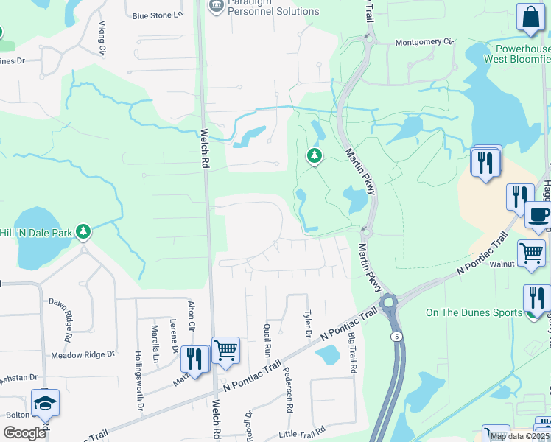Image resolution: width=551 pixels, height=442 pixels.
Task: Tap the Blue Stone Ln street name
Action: pos(157,15)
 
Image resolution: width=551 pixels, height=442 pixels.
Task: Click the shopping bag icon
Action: pos(530,18)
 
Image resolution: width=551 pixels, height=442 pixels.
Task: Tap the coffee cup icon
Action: pos(538,216)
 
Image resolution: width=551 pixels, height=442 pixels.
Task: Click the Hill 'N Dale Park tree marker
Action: pos(83,232)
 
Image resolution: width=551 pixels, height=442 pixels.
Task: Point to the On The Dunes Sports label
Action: pos(474,312)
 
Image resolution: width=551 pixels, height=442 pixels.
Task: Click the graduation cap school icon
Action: pos(45,402)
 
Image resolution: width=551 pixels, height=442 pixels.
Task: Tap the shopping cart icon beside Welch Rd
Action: pos(225,349)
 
